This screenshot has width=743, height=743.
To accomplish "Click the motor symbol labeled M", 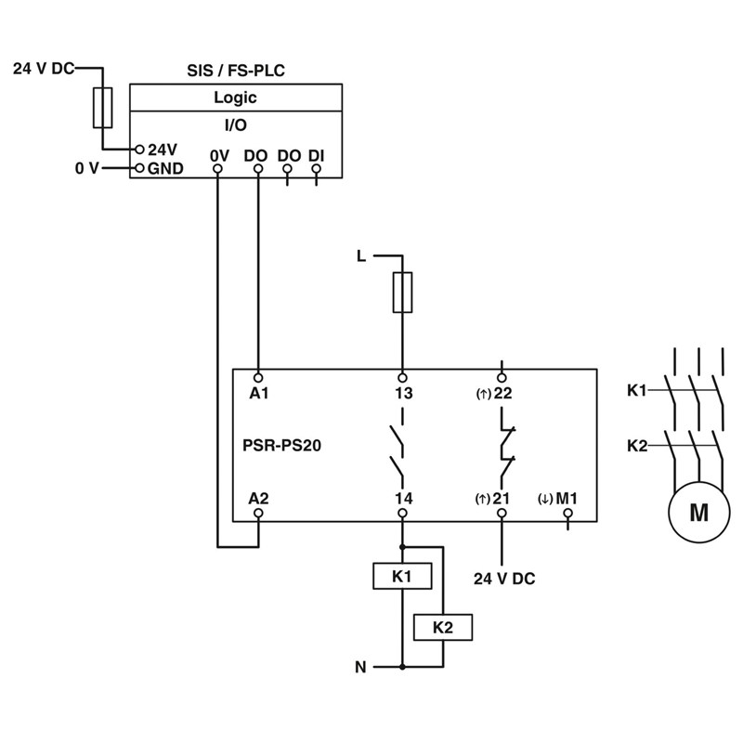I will [696, 512].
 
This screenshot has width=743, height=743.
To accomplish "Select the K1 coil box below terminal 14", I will [401, 577].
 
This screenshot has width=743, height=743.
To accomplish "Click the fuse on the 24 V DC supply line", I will [102, 108].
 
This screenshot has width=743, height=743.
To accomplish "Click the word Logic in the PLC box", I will [235, 98].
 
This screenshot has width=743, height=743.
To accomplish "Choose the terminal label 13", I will [403, 393].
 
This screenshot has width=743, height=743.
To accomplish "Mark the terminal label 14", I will [403, 499].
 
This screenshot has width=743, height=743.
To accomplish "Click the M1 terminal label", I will [567, 499].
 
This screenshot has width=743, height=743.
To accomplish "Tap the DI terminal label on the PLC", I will [317, 154].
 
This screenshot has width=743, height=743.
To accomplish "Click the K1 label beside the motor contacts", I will [637, 390].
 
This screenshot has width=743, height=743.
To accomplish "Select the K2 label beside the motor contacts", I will [637, 445].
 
